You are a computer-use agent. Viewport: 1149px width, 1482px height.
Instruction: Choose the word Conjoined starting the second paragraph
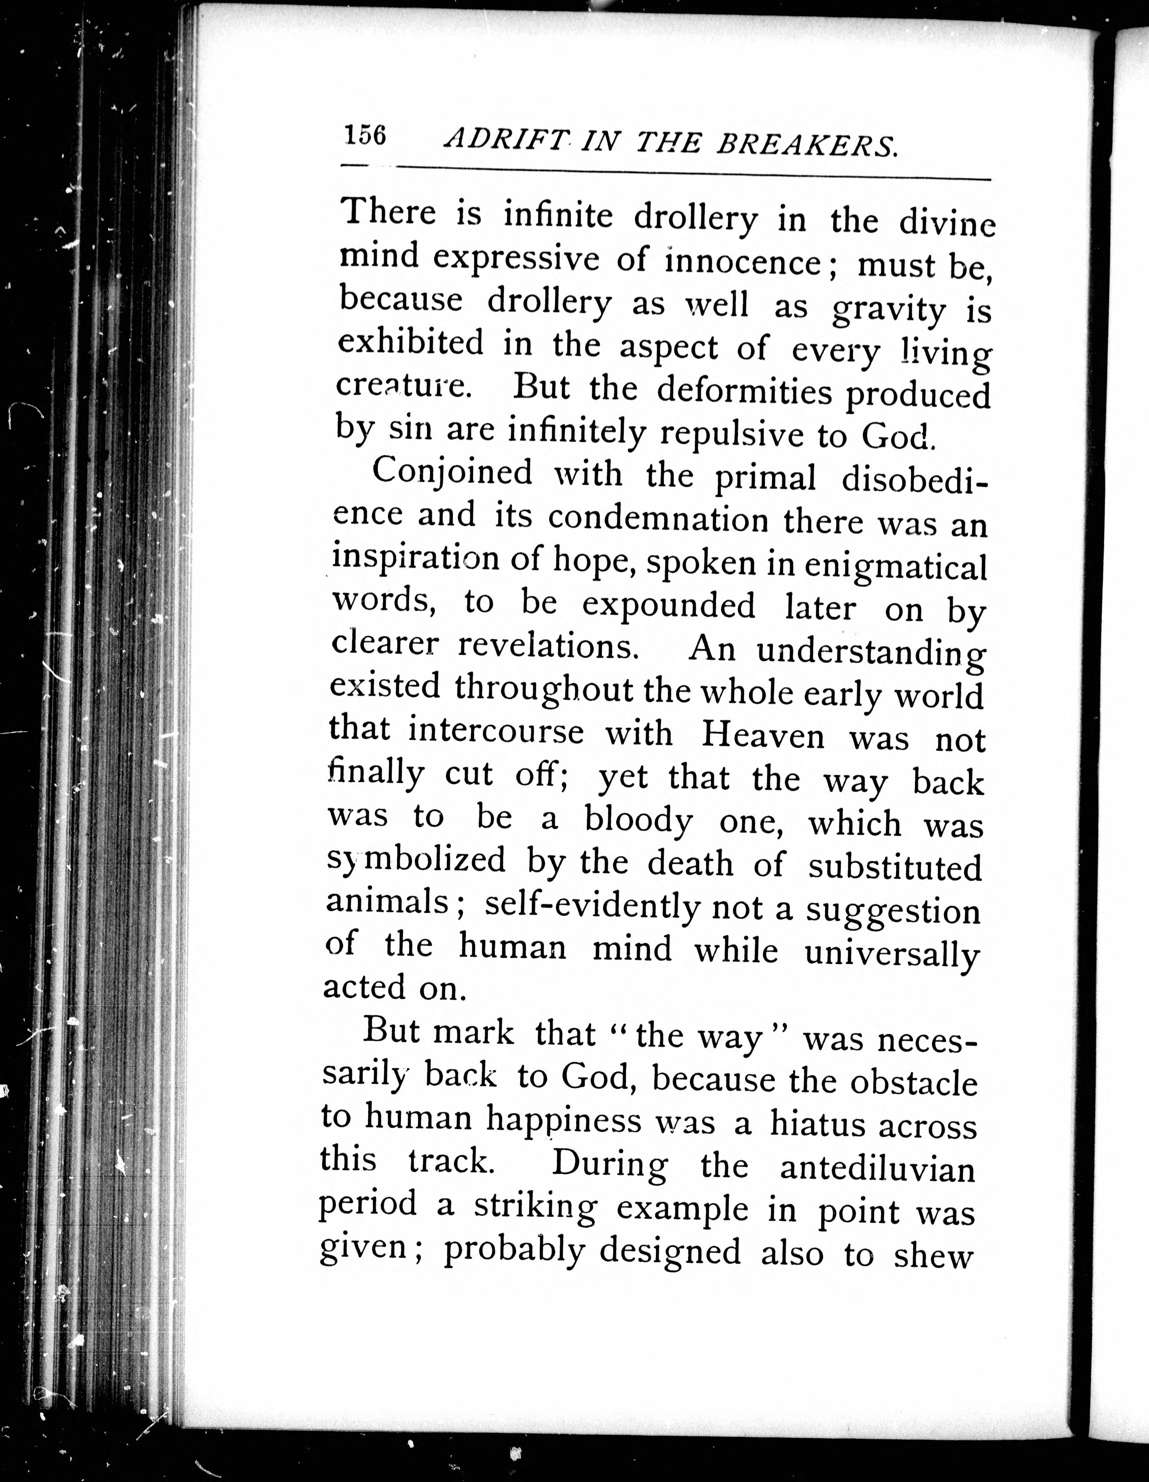pyautogui.click(x=453, y=472)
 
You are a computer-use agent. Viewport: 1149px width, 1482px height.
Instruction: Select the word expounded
pyautogui.click(x=668, y=606)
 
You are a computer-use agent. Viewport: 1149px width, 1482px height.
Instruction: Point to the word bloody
pyautogui.click(x=639, y=822)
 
